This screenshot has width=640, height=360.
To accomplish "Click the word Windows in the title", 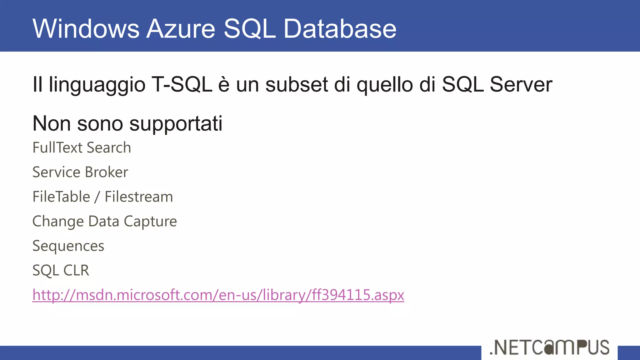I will pyautogui.click(x=86, y=29).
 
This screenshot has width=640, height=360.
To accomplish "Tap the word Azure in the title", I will pyautogui.click(x=181, y=29).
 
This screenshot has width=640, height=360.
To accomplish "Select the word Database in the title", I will pyautogui.click(x=340, y=29).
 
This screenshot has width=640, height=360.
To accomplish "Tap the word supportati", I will pyautogui.click(x=176, y=124).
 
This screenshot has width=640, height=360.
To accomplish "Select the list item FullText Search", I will pyautogui.click(x=82, y=147).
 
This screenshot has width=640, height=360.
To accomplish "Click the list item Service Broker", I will pyautogui.click(x=80, y=172).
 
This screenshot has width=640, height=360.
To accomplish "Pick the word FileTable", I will pyautogui.click(x=61, y=197).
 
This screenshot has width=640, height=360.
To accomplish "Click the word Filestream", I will pyautogui.click(x=139, y=197).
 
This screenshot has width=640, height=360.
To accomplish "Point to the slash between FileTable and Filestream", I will pyautogui.click(x=97, y=197).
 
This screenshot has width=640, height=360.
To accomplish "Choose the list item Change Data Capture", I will pyautogui.click(x=105, y=221).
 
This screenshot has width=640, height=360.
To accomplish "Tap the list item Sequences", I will pyautogui.click(x=68, y=246).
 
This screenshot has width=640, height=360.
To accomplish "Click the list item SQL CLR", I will pyautogui.click(x=61, y=270).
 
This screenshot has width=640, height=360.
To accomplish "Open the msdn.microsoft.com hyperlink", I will pyautogui.click(x=218, y=295).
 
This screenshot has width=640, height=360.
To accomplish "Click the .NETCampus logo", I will pyautogui.click(x=549, y=347).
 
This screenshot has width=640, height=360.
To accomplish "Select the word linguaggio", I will pyautogui.click(x=97, y=85).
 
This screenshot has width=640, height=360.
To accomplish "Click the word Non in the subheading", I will pyautogui.click(x=52, y=124).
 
